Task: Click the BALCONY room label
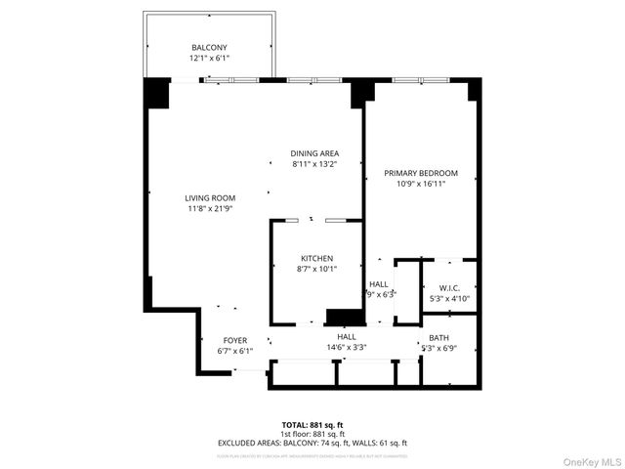[x=209, y=48]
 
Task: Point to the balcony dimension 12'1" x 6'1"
[x=209, y=58]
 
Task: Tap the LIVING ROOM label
[x=210, y=198]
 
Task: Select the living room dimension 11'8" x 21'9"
[x=210, y=208]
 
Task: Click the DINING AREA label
[x=314, y=153]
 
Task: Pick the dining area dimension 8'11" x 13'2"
[x=314, y=164]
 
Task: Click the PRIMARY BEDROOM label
[x=421, y=173]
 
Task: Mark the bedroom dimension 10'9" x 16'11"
[x=421, y=184]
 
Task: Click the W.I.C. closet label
[x=449, y=288]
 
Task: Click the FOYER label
[x=234, y=340]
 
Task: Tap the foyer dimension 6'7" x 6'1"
[x=234, y=351]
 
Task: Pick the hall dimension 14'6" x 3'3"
[x=346, y=347]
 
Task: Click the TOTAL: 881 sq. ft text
[x=312, y=425]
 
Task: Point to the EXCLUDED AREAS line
[x=312, y=443]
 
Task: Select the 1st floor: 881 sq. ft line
[x=312, y=434]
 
